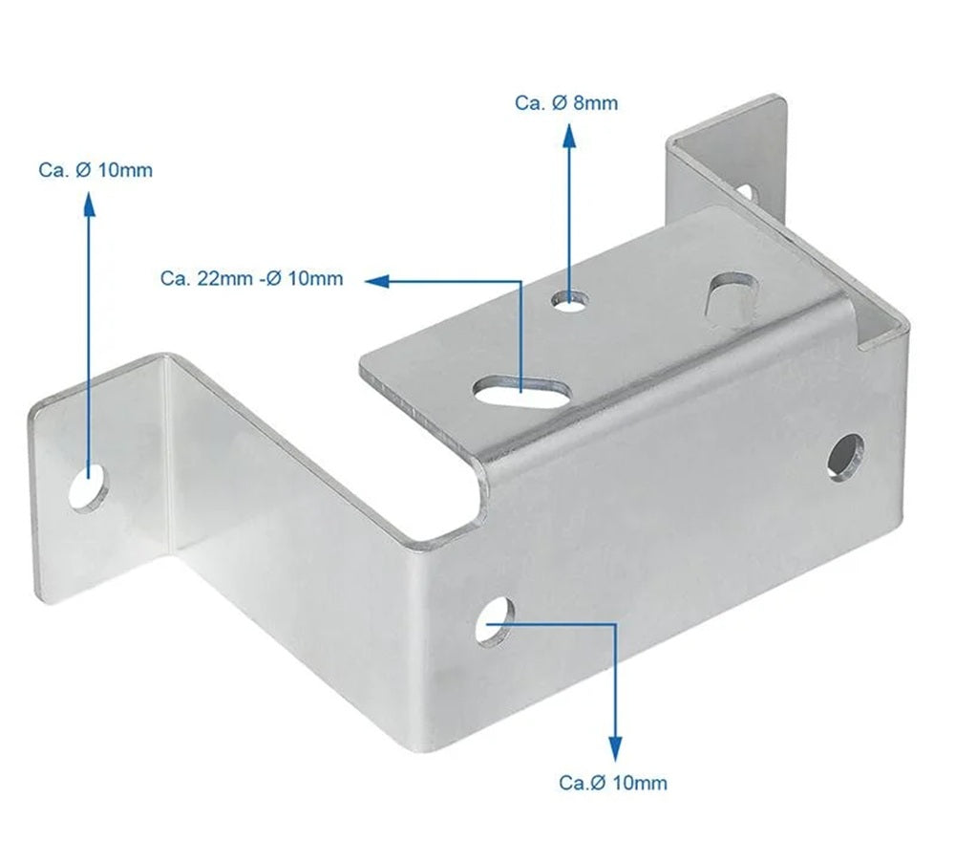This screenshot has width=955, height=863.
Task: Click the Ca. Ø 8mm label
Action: click(565, 103)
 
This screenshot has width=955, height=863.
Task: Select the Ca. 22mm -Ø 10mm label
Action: click(251, 279)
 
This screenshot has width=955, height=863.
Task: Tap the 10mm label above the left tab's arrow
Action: click(95, 170)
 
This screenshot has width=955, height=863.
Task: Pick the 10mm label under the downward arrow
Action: click(613, 783)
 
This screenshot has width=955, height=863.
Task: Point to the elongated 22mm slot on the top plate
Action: click(520, 389)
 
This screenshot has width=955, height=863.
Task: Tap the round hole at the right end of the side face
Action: click(845, 456)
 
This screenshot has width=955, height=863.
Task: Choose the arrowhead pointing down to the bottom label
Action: click(615, 746)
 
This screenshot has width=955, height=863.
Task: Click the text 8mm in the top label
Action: click(595, 103)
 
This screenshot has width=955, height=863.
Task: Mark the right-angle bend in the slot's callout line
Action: click(520, 281)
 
